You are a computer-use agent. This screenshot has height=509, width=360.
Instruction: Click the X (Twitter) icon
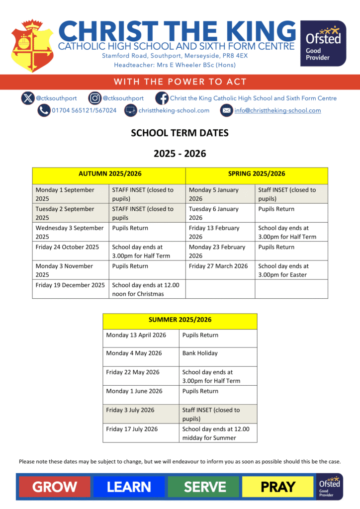click(28, 98)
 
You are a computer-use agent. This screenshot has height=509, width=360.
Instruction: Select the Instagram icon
click(95, 98)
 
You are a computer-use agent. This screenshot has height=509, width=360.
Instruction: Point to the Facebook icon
click(162, 98)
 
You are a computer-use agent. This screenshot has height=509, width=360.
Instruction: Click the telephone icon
click(44, 110)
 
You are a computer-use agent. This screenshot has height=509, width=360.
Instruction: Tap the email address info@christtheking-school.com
click(277, 110)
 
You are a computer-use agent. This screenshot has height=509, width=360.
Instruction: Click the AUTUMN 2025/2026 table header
click(109, 173)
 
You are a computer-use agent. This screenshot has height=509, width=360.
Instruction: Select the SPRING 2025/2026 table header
click(257, 173)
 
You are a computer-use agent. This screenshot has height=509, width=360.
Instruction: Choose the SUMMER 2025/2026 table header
click(180, 319)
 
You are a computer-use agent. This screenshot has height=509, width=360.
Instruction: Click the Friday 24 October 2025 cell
click(71, 247)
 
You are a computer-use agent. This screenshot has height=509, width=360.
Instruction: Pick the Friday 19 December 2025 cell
click(71, 285)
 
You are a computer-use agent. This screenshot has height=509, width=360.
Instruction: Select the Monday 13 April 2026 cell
click(141, 335)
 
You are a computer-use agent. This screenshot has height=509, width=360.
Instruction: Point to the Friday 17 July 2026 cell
click(141, 429)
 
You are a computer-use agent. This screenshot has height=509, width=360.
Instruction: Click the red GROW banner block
click(55, 487)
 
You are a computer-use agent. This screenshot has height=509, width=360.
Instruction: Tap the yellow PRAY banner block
click(278, 487)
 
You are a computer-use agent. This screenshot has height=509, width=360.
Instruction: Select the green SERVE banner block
click(204, 487)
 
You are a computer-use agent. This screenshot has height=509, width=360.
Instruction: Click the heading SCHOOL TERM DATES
click(180, 133)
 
